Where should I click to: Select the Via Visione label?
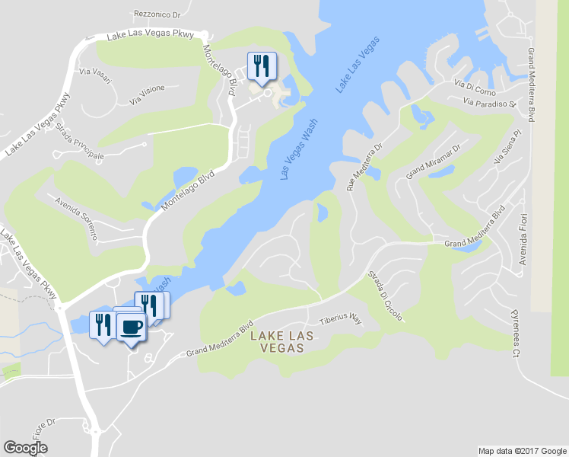pos(147,94)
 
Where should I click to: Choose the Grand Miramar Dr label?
pos(434,161)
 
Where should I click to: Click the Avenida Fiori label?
pos(523,244)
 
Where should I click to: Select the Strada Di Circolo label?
pos(385,296)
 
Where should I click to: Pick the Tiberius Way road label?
pos(340,321)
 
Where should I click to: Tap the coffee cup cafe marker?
pos(131,327)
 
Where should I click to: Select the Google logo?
pos(25,447)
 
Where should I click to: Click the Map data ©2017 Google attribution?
pos(523,451)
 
